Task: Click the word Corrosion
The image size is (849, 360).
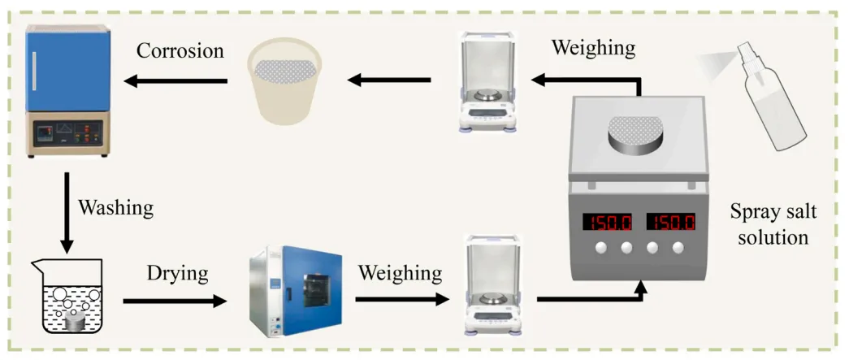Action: pyautogui.click(x=180, y=50)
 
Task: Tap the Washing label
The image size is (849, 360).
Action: pyautogui.click(x=115, y=207)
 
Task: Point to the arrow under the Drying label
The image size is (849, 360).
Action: pyautogui.click(x=175, y=301)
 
